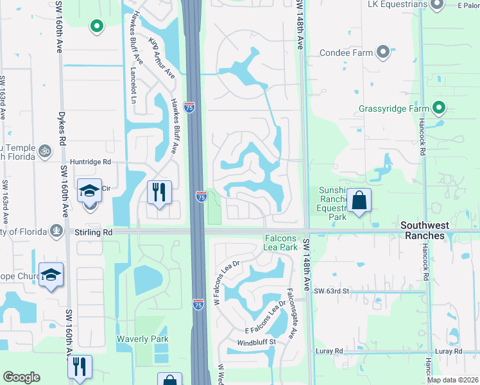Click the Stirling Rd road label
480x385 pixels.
(x=89, y=232)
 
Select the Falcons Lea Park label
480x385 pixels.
(x=280, y=243)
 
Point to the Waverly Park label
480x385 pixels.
(x=142, y=339)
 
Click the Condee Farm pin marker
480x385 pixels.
(x=384, y=53)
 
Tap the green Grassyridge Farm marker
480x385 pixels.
(x=439, y=108)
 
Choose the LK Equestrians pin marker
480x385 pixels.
(x=437, y=5)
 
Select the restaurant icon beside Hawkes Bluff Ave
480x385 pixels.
(x=159, y=192)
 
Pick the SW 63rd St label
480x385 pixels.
(x=331, y=291)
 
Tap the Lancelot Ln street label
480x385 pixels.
(x=133, y=86)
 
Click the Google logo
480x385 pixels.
(x=21, y=377)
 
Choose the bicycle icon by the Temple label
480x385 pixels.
(x=44, y=151)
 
